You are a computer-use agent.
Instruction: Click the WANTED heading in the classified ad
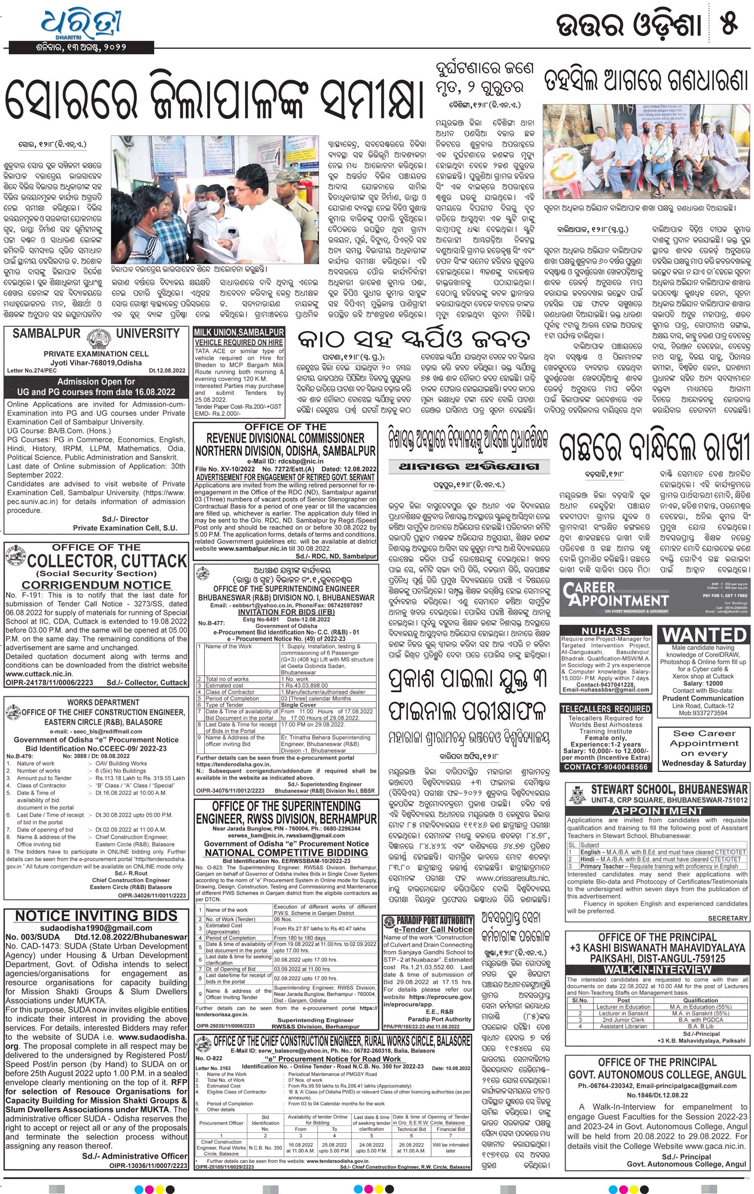coord(704,635)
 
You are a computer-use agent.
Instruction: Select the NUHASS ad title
coord(605,631)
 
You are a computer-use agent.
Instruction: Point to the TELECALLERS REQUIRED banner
coord(605,709)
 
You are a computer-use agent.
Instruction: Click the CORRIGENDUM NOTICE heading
coord(96,585)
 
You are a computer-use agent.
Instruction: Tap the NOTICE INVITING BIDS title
coord(96,916)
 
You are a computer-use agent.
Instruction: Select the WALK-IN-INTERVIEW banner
coord(657,969)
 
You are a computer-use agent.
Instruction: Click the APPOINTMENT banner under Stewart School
coord(657,811)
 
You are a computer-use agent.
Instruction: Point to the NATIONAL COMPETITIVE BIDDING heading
coord(286,852)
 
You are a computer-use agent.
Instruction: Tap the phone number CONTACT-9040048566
coord(605,767)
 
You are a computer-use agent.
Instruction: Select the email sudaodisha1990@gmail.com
coord(96,928)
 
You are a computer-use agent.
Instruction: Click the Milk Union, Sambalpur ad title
coord(239,332)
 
